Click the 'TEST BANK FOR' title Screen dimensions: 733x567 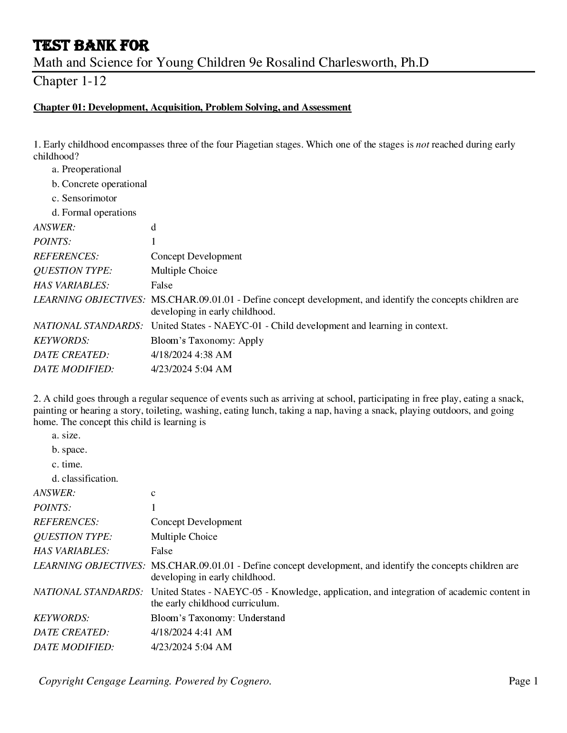pos(91,46)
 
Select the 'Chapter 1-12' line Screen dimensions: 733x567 pos(70,81)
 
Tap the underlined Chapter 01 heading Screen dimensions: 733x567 pos(192,108)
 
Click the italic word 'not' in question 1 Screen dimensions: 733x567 pos(423,145)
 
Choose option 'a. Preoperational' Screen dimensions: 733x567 pos(87,169)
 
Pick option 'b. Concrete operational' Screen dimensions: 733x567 pos(100,184)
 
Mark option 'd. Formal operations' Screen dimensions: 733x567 pos(94,213)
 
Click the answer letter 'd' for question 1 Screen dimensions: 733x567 pos(153,228)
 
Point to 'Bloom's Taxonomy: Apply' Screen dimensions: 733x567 pos(207,341)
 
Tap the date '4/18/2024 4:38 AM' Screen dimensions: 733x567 pos(191,355)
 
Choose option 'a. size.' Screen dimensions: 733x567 pos(66,436)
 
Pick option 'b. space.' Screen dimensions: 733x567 pos(70,450)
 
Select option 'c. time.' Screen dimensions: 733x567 pos(67,464)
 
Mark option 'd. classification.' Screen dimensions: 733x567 pos(85,479)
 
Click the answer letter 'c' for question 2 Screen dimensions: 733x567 pos(153,493)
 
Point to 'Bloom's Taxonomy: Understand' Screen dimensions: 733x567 pos(218,618)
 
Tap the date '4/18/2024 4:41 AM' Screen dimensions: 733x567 pos(191,633)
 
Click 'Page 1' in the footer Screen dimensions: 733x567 pos(523,682)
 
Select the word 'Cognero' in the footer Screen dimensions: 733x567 pos(250,682)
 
